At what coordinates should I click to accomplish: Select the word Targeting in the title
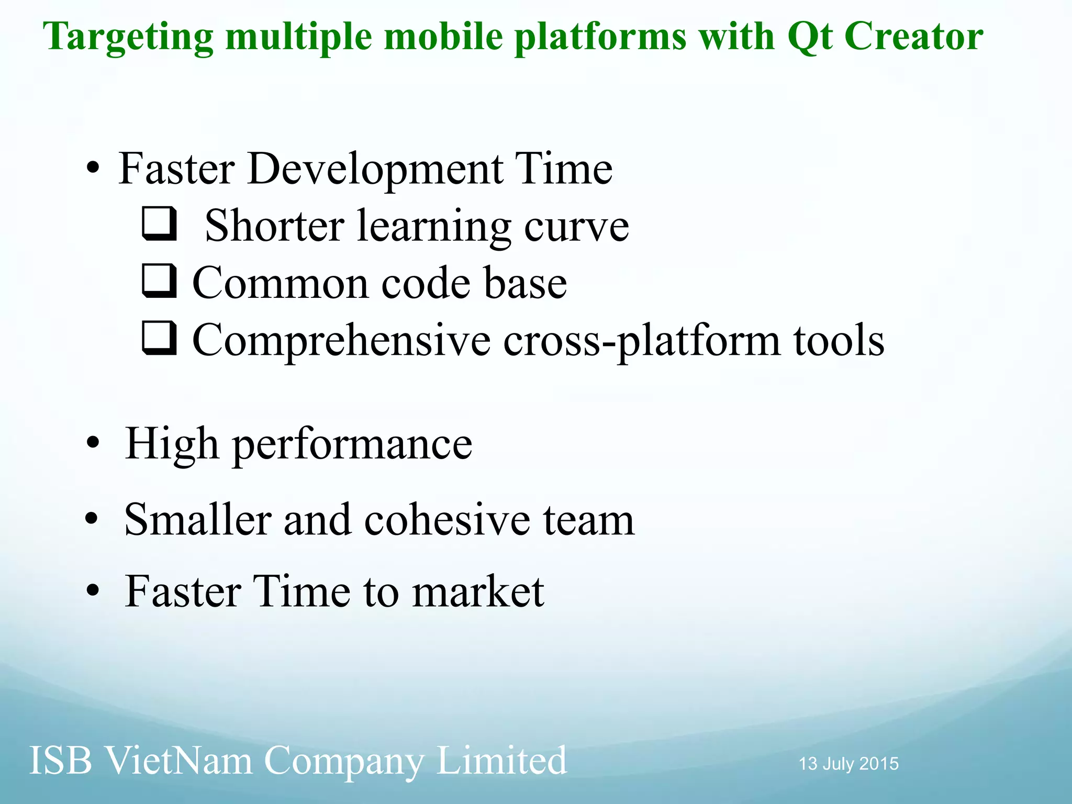(128, 38)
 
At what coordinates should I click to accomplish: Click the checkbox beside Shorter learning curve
(159, 224)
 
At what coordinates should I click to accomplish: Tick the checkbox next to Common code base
(159, 281)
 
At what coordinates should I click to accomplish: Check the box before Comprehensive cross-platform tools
(159, 338)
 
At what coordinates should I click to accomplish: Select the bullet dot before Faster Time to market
(93, 591)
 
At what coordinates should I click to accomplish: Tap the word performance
(352, 445)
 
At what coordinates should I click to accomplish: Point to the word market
(477, 591)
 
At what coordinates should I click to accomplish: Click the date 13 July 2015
(848, 764)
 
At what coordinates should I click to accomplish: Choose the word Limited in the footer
(501, 760)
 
